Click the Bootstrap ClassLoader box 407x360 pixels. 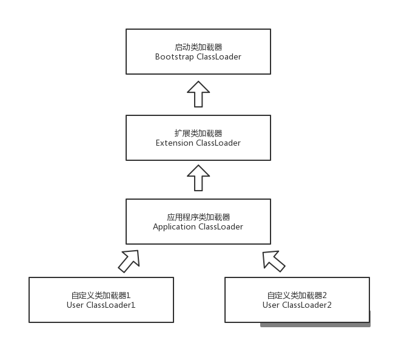(x=198, y=52)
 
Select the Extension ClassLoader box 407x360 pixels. (x=198, y=138)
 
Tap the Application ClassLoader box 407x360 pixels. (x=198, y=222)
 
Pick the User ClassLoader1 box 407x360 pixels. (x=101, y=300)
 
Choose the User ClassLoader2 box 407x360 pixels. (x=297, y=300)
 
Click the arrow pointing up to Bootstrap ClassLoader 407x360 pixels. (x=198, y=95)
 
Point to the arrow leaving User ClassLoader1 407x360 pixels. (x=129, y=260)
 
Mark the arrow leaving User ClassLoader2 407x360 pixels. (x=273, y=260)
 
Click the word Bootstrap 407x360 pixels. (x=173, y=56)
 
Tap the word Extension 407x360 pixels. (x=174, y=143)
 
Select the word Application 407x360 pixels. (x=174, y=227)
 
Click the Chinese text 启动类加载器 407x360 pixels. (x=198, y=47)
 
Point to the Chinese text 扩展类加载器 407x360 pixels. (x=198, y=134)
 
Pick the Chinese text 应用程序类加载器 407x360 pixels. (x=198, y=217)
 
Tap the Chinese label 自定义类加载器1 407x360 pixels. (x=101, y=296)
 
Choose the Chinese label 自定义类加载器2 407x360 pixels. (x=297, y=296)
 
